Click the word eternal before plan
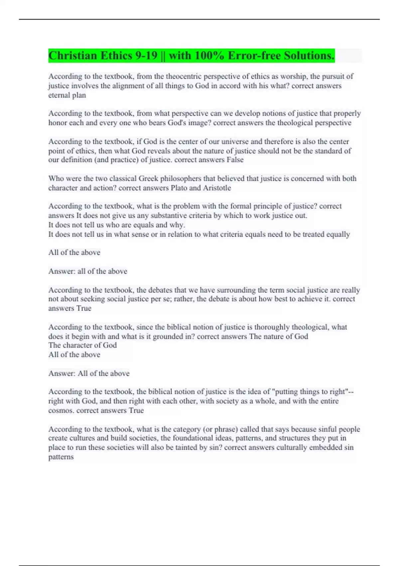click(58, 95)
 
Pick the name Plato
click(179, 188)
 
